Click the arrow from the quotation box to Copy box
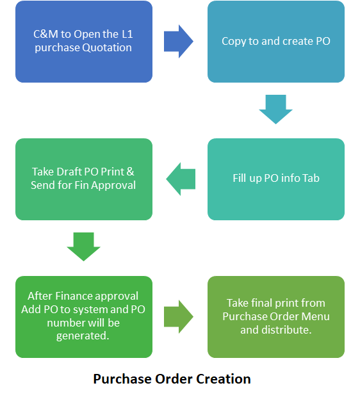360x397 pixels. [x=179, y=42]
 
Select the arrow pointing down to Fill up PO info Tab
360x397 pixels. [x=275, y=109]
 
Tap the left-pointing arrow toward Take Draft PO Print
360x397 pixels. [x=181, y=179]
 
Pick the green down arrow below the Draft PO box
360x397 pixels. [x=84, y=247]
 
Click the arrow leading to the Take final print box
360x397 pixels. [x=179, y=317]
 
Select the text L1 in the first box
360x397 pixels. [x=127, y=34]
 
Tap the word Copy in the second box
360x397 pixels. [x=234, y=42]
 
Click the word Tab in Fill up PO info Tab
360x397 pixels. [x=311, y=178]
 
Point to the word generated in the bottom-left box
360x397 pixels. [x=83, y=336]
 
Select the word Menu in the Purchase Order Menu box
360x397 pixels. [x=317, y=316]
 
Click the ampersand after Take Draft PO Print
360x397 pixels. [x=130, y=172]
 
